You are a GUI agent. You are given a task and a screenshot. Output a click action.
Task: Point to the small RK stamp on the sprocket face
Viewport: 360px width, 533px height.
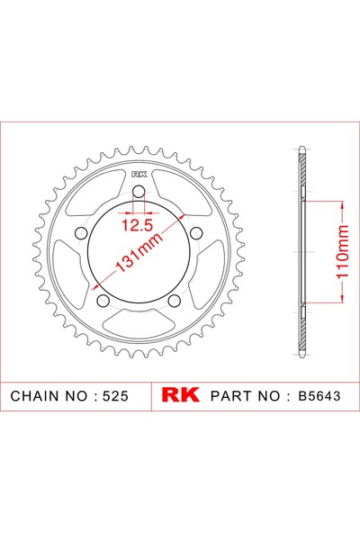tap(138, 174)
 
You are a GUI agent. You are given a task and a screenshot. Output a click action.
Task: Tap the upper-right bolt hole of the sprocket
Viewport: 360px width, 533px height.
tap(196, 233)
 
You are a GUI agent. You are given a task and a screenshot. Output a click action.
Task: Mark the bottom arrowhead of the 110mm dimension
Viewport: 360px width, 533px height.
tap(342, 307)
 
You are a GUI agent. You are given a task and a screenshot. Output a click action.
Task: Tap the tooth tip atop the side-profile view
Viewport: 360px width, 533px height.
tap(304, 149)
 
